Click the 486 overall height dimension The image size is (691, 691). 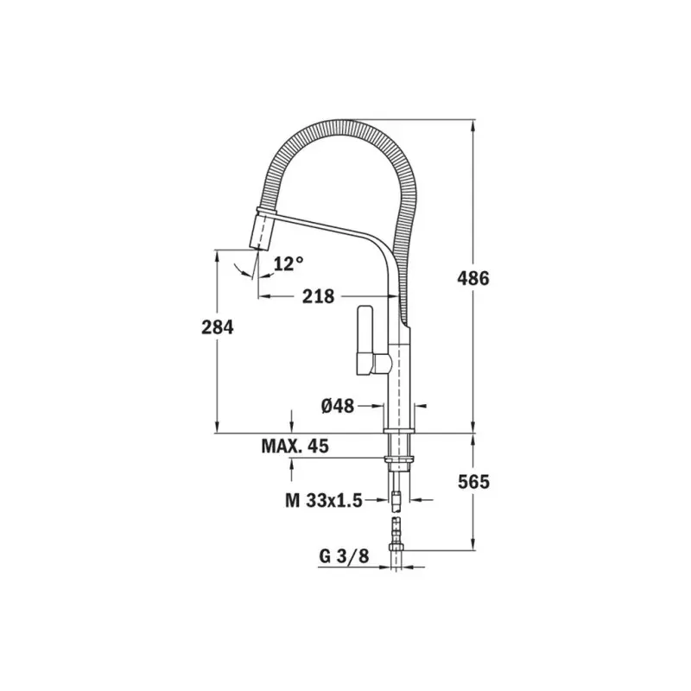coord(472,278)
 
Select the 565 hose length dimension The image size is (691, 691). coord(472,482)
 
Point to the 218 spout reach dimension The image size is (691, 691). coord(318,295)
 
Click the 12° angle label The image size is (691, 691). coord(288,263)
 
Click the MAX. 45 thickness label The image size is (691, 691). coord(295,446)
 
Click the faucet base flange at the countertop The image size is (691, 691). coord(399,429)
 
